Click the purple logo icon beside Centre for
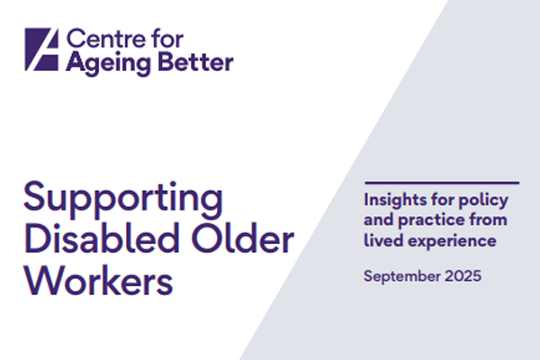pos(42,50)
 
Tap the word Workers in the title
pos(98,281)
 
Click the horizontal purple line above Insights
pos(441,184)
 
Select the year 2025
pos(463,274)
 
